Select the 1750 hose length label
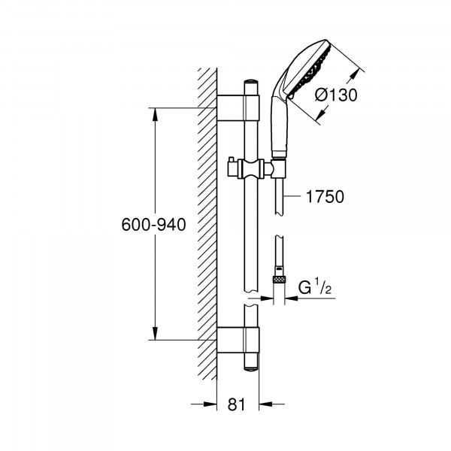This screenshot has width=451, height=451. point(325,197)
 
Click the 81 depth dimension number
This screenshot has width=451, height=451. point(237,404)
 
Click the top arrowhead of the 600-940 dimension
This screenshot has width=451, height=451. point(156,114)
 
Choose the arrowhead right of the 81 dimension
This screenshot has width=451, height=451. point(264,404)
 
